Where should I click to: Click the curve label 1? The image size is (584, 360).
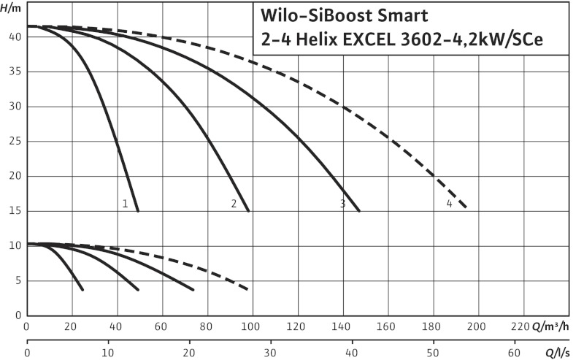(x=126, y=203)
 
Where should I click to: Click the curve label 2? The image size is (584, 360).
(x=234, y=203)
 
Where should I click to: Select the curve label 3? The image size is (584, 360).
(x=342, y=203)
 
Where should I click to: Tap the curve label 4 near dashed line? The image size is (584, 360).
(x=450, y=203)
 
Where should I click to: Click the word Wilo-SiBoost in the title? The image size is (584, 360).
(x=315, y=16)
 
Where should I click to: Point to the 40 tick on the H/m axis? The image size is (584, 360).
(x=14, y=37)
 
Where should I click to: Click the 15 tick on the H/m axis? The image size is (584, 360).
(x=14, y=211)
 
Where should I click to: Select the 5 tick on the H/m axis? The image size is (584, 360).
(x=16, y=281)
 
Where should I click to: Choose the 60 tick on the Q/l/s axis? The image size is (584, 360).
(x=514, y=353)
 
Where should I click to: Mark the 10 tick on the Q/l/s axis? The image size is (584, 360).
(x=109, y=353)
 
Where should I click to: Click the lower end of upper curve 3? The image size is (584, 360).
(x=359, y=210)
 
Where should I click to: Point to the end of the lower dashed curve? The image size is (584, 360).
(x=249, y=289)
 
